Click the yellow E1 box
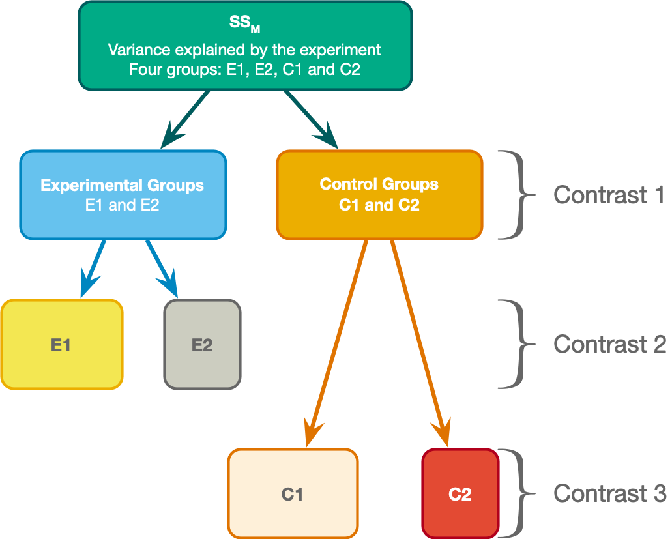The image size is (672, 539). tap(61, 344)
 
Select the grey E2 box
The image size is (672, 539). tap(202, 344)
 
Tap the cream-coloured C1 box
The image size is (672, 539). tap(293, 494)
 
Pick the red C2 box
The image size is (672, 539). tap(460, 494)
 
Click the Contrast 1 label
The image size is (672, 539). tap(609, 195)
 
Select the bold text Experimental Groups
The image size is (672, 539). tap(123, 186)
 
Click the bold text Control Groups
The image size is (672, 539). tap(379, 184)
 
